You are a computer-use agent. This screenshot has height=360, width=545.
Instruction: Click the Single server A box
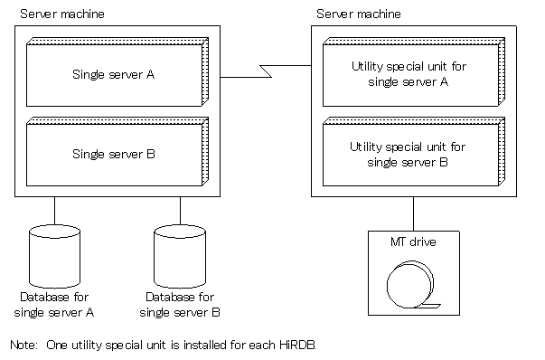click(117, 72)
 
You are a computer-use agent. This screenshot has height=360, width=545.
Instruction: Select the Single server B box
click(117, 152)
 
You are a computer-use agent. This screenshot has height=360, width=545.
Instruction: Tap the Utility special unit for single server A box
click(414, 72)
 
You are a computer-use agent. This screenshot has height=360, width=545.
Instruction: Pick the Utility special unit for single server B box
click(414, 152)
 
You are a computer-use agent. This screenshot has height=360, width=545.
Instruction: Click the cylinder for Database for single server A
click(54, 257)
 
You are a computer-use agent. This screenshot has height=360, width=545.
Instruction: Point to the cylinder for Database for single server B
click(180, 257)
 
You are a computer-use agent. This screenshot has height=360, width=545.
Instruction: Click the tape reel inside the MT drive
click(410, 285)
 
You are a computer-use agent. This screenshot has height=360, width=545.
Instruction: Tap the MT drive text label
click(413, 242)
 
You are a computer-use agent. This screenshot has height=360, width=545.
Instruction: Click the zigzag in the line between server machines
click(266, 71)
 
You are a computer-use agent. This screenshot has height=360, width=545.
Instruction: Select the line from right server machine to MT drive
click(414, 213)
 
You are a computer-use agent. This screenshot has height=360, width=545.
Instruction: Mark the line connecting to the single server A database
click(54, 211)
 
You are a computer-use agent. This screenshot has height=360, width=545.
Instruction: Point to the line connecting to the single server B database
click(180, 211)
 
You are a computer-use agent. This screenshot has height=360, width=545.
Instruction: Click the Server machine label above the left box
click(62, 14)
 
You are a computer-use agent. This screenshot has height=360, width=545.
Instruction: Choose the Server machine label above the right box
click(359, 14)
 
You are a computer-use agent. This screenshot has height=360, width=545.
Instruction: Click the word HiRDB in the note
click(297, 345)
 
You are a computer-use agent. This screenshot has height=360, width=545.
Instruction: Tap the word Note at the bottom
click(23, 345)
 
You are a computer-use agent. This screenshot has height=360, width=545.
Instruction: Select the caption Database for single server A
click(54, 305)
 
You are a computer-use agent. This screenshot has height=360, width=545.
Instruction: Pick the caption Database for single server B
click(180, 305)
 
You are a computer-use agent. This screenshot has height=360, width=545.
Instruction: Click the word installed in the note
click(205, 345)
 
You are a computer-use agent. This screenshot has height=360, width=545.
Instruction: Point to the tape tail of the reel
click(428, 306)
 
